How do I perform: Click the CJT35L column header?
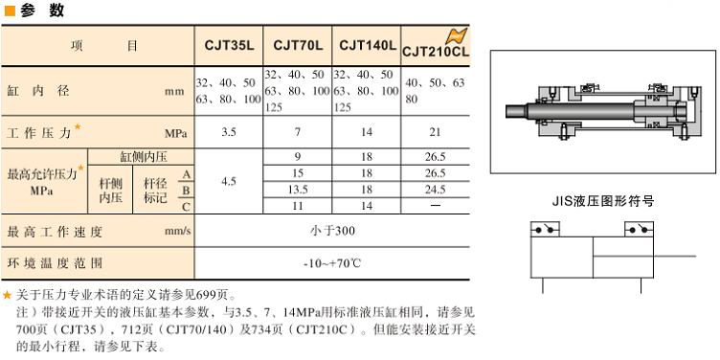point(229,45)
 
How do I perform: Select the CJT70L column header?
point(298,45)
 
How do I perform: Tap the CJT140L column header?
point(368,45)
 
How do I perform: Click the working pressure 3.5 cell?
point(229,132)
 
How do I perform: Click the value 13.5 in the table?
point(298,190)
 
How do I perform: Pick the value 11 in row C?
point(298,206)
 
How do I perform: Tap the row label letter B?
point(186,190)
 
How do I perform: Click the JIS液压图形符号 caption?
point(604,201)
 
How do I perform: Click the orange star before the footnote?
point(8,295)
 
